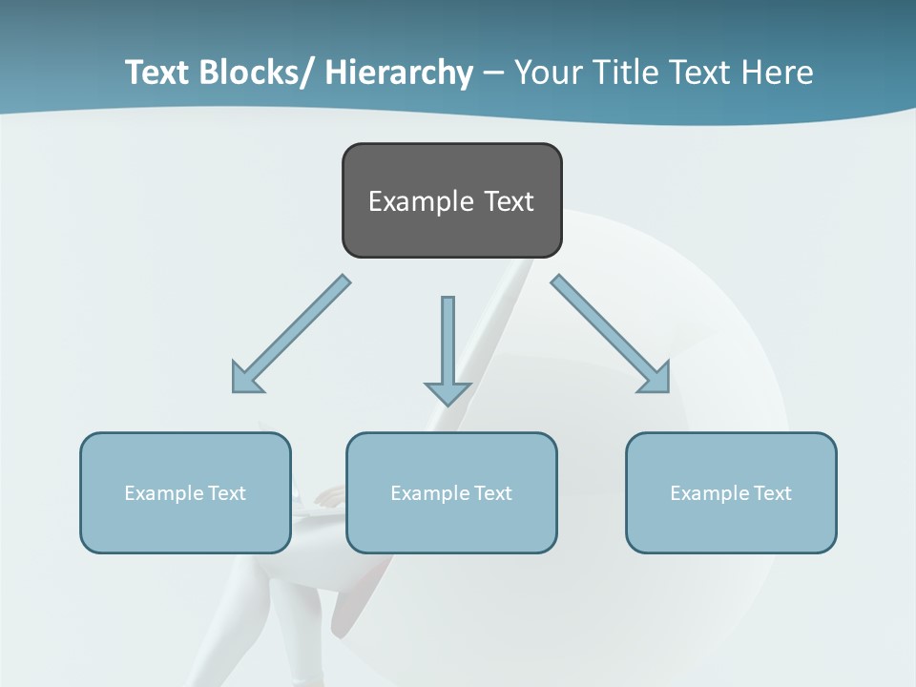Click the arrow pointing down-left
292,334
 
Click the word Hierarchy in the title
399,73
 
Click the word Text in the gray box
509,202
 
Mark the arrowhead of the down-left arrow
245,379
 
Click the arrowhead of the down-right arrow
656,379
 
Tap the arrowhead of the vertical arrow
448,392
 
